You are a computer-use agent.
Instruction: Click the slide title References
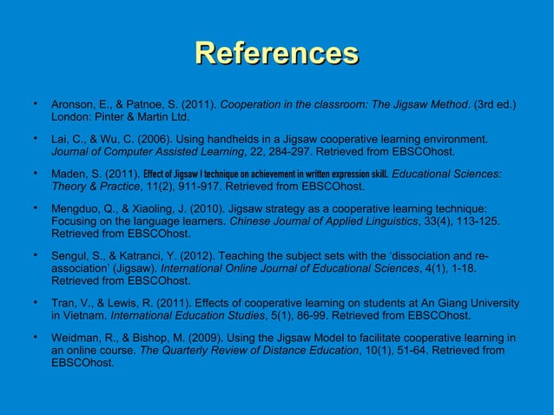point(277,53)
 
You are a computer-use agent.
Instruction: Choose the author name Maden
point(71,173)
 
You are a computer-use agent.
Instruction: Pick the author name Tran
point(65,303)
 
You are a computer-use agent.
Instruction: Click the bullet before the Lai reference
point(34,138)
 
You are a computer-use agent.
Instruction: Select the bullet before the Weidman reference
point(34,337)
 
